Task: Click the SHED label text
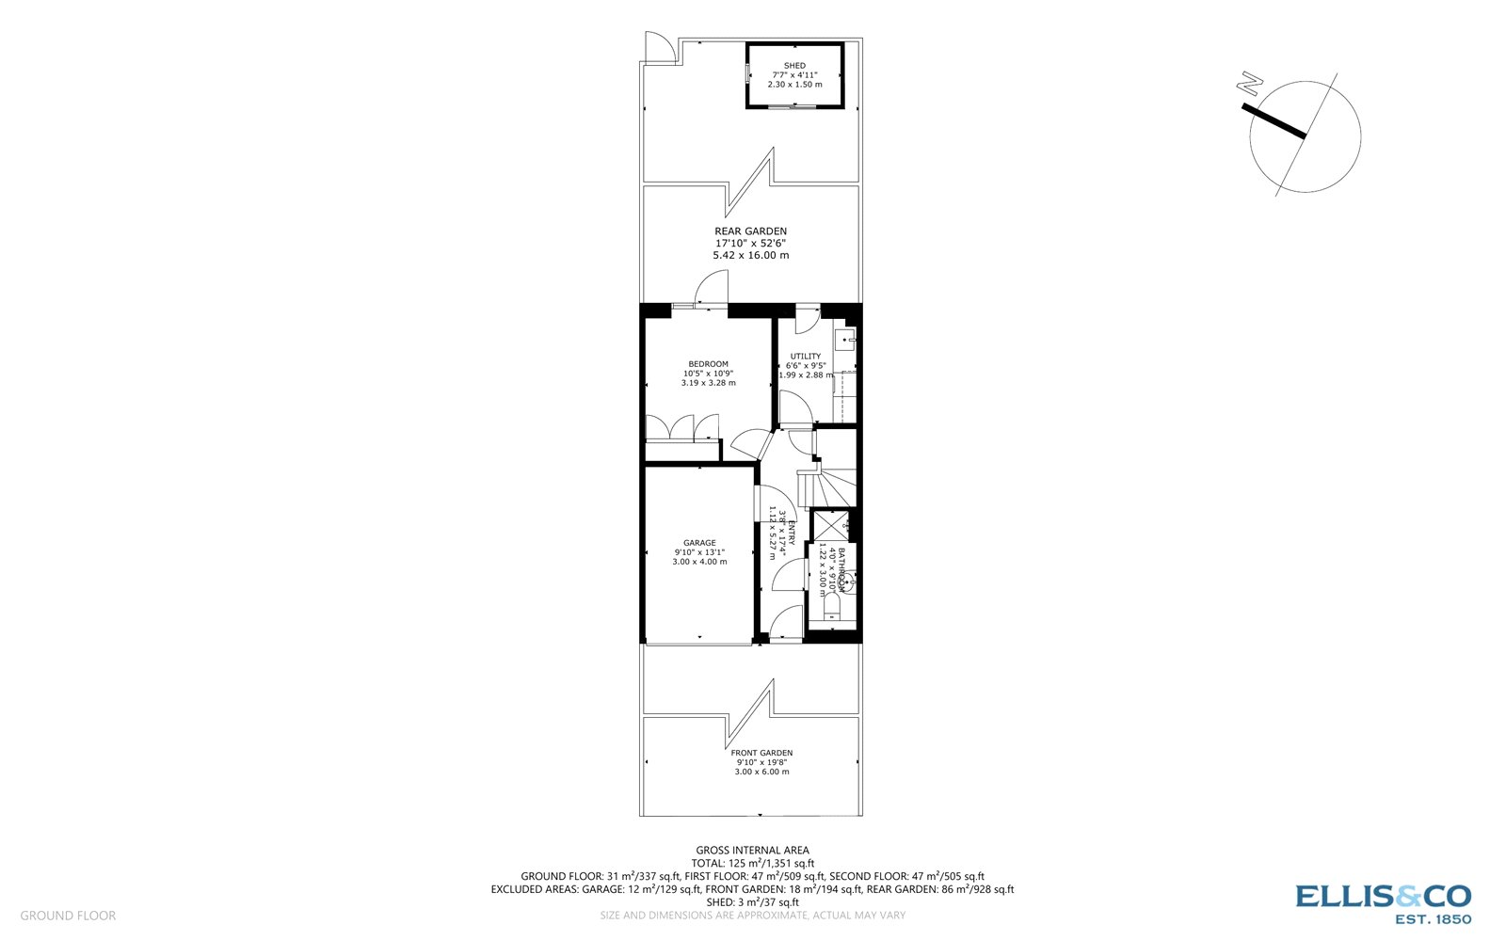[x=794, y=66]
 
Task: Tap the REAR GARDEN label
[x=750, y=231]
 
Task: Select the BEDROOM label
[x=708, y=364]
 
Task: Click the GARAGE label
[x=699, y=543]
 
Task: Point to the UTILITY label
[x=805, y=357]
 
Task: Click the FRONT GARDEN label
[x=761, y=753]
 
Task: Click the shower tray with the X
[x=829, y=525]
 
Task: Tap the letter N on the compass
[x=1251, y=84]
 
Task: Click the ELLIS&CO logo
[x=1383, y=903]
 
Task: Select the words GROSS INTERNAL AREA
[x=752, y=851]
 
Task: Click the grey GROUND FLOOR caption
[x=68, y=916]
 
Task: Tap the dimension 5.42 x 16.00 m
[x=750, y=255]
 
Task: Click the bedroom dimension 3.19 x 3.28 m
[x=708, y=383]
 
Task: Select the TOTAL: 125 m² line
[x=752, y=863]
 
